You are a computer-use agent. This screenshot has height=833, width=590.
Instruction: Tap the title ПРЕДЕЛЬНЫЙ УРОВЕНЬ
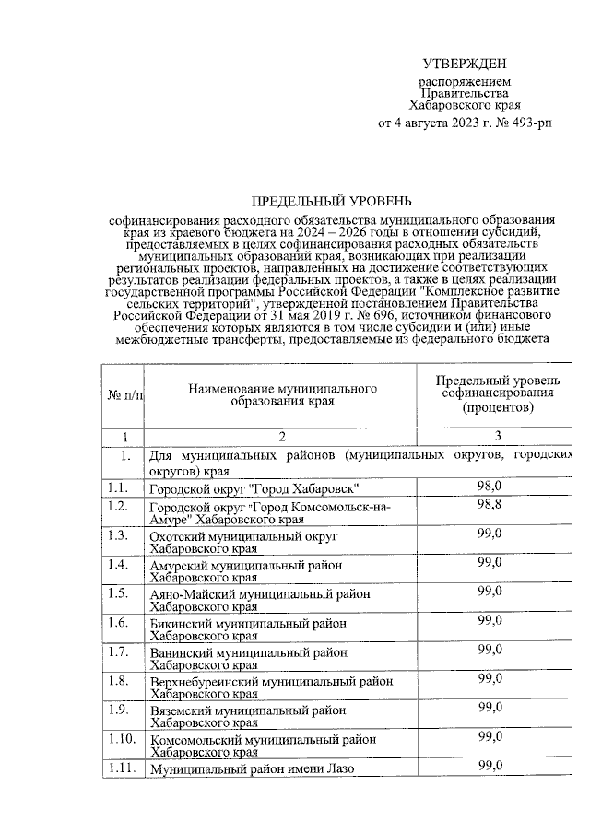point(332,200)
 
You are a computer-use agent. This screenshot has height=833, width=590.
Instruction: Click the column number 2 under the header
point(283,436)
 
